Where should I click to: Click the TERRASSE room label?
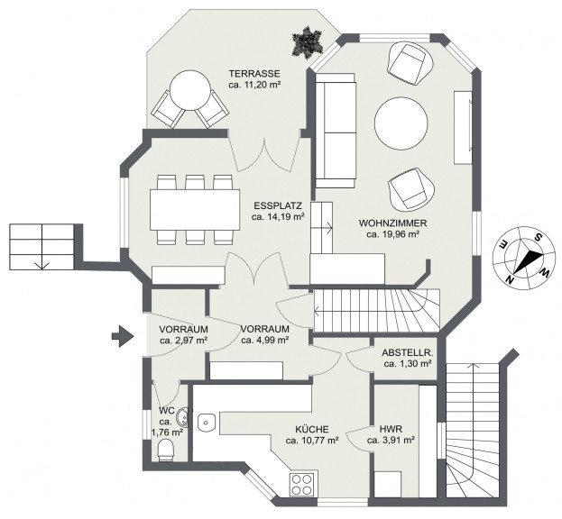coord(254,74)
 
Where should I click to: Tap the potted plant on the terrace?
coord(308,42)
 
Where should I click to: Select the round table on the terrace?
coord(190,90)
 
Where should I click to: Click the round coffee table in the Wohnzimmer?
coord(401,123)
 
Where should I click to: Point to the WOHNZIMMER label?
coord(392,223)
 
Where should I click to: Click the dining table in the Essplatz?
coord(195,210)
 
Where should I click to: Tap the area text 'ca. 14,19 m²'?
coord(278,216)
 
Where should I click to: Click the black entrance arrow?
coord(123,336)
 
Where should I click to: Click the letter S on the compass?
coord(538,237)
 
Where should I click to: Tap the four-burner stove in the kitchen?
coord(302,484)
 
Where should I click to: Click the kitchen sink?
coord(206,422)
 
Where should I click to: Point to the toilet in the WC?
coord(166,450)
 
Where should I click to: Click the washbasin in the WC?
coord(182,417)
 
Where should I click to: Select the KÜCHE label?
coord(312,429)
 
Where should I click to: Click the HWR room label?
coord(391,429)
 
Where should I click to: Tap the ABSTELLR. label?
coord(408,352)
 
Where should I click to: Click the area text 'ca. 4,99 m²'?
coord(265,340)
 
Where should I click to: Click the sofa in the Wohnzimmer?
coord(336,131)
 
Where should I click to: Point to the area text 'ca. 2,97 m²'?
coord(184,340)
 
